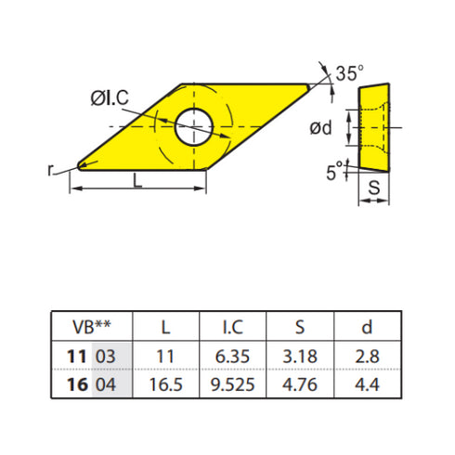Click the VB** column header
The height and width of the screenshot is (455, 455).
[92, 327]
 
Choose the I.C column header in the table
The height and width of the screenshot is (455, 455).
[233, 327]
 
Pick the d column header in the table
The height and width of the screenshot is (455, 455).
[367, 327]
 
